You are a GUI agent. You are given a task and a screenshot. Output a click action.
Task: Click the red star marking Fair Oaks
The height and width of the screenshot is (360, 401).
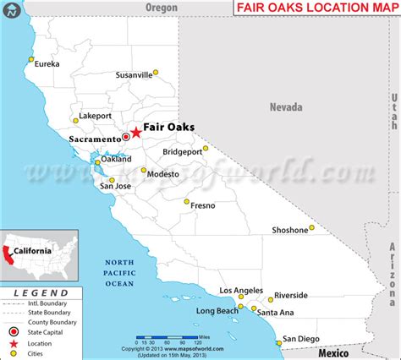coord(136,133)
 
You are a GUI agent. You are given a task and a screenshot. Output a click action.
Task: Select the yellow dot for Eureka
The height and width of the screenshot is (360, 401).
coord(31,59)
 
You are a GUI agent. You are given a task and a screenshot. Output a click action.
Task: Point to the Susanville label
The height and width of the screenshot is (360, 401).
coord(134,74)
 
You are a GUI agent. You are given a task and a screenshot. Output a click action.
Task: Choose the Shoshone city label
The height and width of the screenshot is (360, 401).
coord(289,230)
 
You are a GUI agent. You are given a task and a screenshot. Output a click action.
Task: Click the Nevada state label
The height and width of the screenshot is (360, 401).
coord(286,107)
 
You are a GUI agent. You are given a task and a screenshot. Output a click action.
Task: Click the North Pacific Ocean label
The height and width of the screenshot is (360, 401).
coord(118,272)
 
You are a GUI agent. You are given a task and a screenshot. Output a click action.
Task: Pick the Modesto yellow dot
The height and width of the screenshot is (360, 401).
coord(144,170)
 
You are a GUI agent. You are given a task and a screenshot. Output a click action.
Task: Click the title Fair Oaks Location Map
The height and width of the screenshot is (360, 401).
coord(315,8)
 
